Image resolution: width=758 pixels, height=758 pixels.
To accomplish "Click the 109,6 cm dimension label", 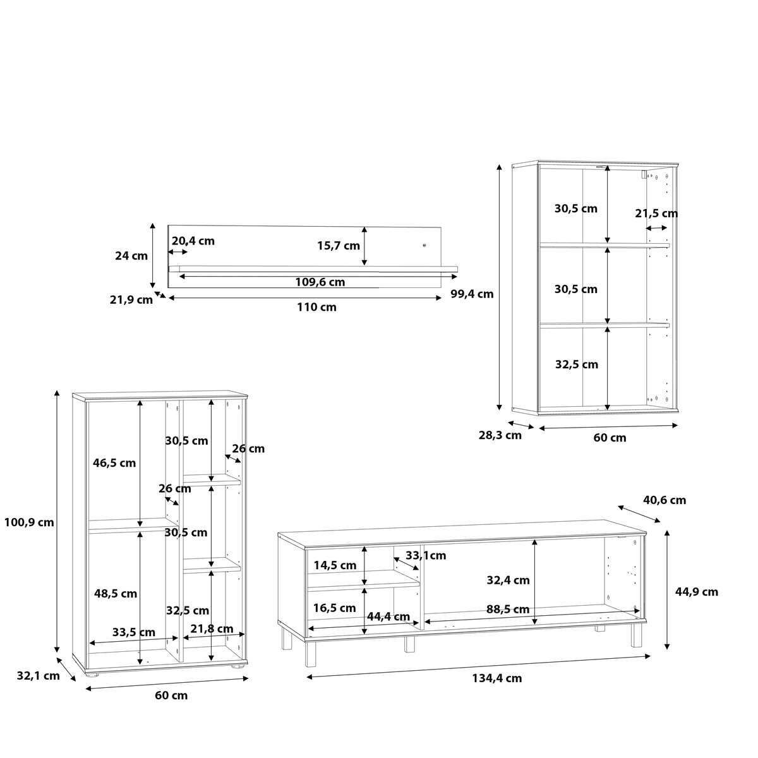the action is pyautogui.click(x=320, y=282).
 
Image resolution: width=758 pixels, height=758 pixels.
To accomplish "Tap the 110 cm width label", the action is pyautogui.click(x=316, y=307).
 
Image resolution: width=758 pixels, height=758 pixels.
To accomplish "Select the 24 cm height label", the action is pyautogui.click(x=131, y=256).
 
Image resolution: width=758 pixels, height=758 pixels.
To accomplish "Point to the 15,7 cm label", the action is pyautogui.click(x=339, y=246).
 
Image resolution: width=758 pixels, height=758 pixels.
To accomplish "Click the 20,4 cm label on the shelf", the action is pyautogui.click(x=193, y=241).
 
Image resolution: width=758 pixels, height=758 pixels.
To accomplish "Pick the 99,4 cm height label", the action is pyautogui.click(x=472, y=294).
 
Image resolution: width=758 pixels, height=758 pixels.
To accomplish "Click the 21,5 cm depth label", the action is pyautogui.click(x=656, y=214).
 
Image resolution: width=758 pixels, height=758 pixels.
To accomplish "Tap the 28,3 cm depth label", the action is pyautogui.click(x=500, y=435).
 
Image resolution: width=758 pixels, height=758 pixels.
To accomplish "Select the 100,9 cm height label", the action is pyautogui.click(x=29, y=522).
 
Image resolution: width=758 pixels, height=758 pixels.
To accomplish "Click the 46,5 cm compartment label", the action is pyautogui.click(x=114, y=463).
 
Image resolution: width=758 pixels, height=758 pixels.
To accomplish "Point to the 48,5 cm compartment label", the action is pyautogui.click(x=115, y=593).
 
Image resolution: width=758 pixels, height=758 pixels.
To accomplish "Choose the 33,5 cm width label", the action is pyautogui.click(x=134, y=632).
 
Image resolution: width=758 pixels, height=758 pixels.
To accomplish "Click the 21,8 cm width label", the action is pyautogui.click(x=212, y=629).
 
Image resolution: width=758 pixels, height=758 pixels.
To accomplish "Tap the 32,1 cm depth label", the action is pyautogui.click(x=38, y=675).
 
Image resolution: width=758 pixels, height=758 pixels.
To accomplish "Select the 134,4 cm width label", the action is pyautogui.click(x=497, y=678).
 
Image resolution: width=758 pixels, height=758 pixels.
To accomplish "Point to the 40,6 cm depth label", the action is pyautogui.click(x=665, y=500).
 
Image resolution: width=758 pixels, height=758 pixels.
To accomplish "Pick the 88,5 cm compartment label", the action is pyautogui.click(x=508, y=610).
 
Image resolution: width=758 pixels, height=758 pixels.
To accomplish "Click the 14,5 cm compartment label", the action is pyautogui.click(x=335, y=565).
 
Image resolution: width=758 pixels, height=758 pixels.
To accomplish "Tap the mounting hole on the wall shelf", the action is pyautogui.click(x=424, y=246).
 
